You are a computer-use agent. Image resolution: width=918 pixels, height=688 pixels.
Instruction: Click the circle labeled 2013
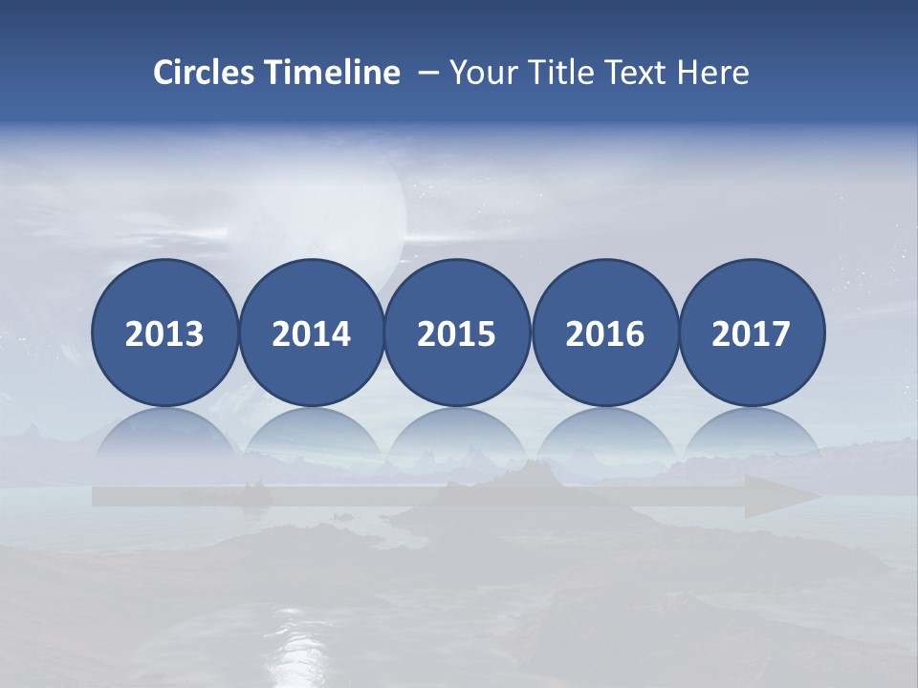(164, 333)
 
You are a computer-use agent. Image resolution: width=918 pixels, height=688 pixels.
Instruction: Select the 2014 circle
(311, 333)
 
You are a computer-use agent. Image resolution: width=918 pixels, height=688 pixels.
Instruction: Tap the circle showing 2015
(457, 333)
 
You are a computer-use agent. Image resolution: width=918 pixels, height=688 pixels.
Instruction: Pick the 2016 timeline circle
(604, 333)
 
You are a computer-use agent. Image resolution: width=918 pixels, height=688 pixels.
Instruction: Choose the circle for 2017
(751, 333)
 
